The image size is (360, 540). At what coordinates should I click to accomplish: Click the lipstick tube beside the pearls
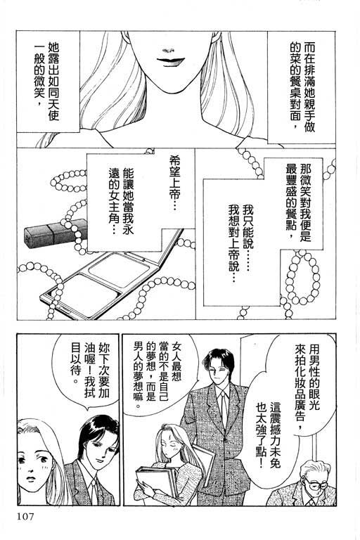pyautogui.click(x=55, y=233)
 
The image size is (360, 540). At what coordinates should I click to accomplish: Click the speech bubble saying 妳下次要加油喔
pyautogui.click(x=85, y=373)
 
